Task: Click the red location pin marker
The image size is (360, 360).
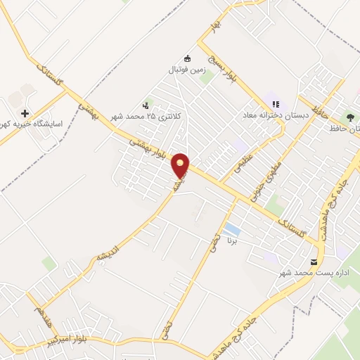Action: pos(181,165)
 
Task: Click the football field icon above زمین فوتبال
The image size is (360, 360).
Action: pos(186,58)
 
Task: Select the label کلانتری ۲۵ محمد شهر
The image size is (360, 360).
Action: pos(145,115)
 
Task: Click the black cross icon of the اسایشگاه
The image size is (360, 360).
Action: pos(25,112)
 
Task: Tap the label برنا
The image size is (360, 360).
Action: pos(231,242)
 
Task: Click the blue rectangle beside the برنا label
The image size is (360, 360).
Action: pos(231,229)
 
